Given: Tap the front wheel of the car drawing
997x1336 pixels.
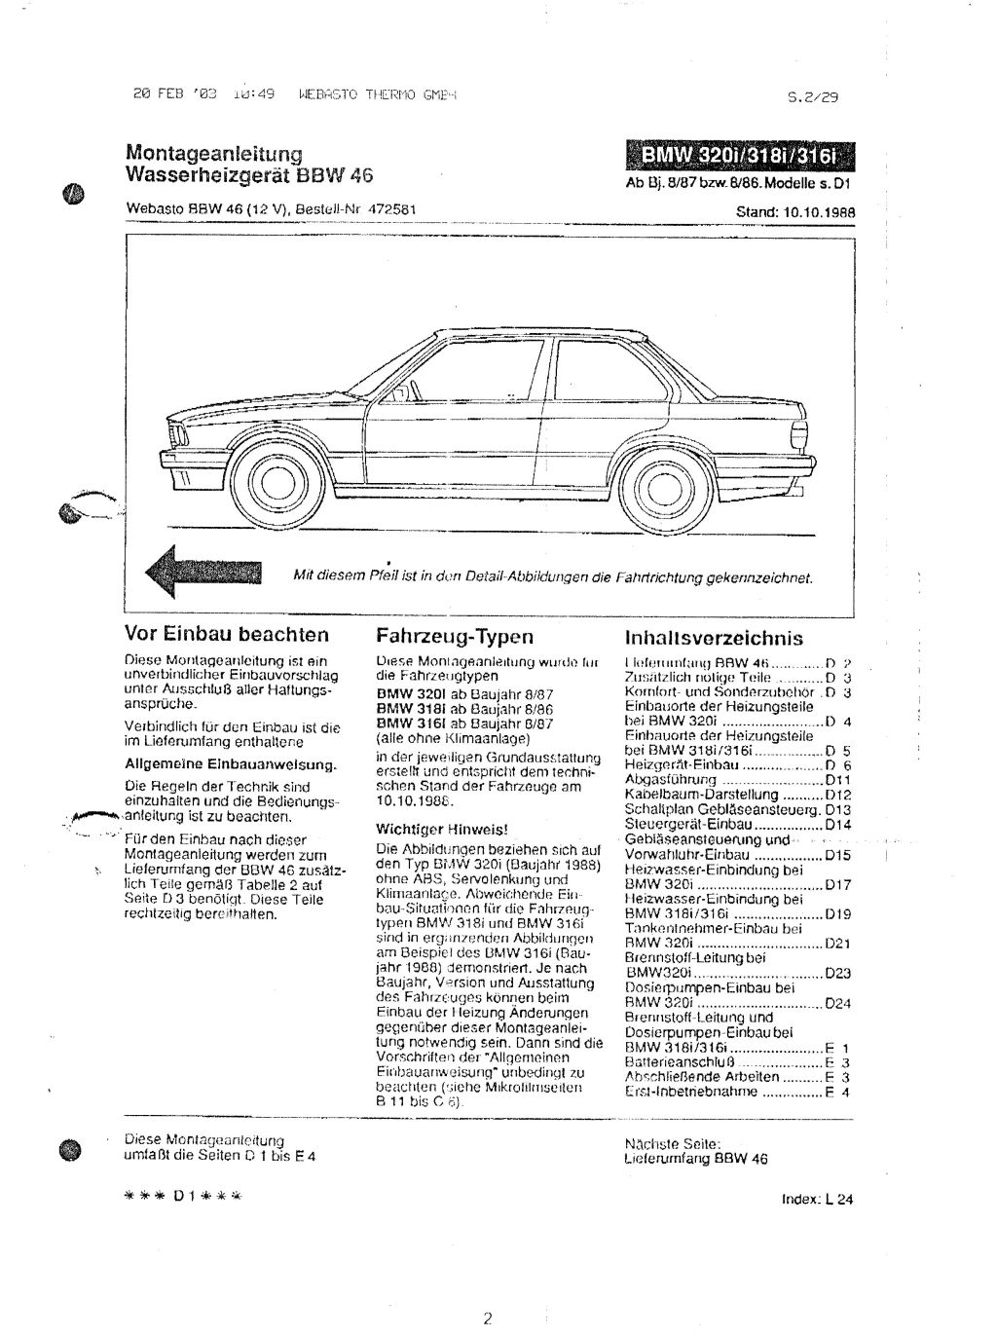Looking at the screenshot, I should coord(265,474).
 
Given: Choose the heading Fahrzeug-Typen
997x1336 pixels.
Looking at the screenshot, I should coord(454,637).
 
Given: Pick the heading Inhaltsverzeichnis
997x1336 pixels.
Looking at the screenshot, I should coord(713,638).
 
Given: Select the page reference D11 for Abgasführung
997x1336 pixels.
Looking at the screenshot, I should coord(837,780).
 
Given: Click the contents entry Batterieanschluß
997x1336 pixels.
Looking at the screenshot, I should coord(673,1062).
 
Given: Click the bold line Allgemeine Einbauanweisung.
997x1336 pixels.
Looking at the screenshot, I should coord(231,763).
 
